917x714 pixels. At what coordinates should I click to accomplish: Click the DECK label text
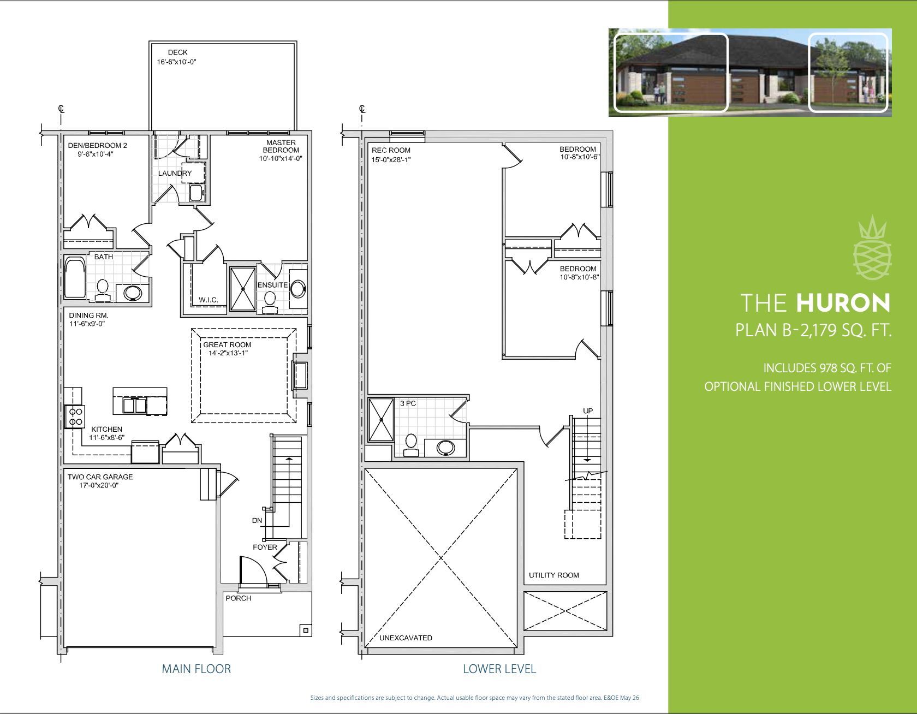click(177, 52)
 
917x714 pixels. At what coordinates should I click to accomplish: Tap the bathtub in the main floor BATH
click(75, 278)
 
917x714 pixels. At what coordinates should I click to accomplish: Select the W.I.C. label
click(209, 300)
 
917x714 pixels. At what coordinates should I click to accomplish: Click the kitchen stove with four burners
click(74, 417)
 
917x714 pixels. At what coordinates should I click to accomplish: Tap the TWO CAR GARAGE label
click(100, 477)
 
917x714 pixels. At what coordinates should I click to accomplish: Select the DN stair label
click(257, 520)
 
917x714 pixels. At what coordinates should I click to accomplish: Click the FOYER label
click(265, 547)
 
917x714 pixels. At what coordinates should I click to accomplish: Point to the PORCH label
click(239, 598)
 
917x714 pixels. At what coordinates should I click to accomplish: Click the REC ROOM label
click(391, 150)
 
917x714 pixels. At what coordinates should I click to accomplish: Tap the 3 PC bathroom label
click(408, 403)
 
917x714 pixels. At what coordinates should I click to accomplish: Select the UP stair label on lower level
click(588, 411)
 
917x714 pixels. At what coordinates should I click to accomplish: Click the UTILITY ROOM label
click(554, 575)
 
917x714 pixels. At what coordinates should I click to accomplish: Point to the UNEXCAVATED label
click(406, 638)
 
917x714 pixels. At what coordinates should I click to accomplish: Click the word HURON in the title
click(843, 304)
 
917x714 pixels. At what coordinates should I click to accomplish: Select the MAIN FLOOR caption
click(196, 669)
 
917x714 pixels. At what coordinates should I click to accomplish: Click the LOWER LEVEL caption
click(499, 669)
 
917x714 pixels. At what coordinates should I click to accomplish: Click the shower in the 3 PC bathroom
click(381, 419)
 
